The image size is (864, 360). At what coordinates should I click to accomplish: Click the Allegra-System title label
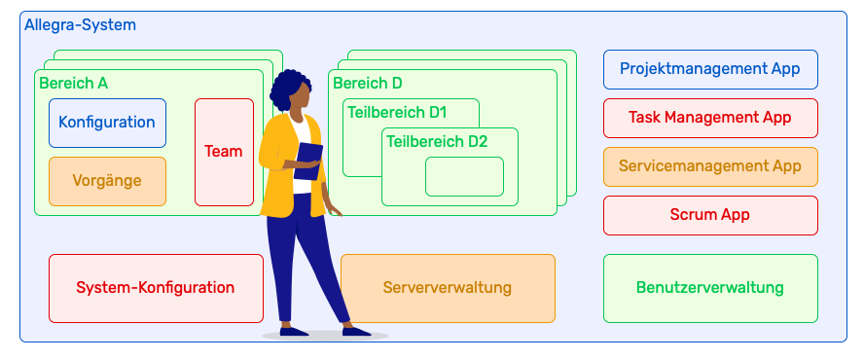(x=80, y=24)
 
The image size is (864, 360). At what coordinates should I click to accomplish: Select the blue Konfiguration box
(x=107, y=123)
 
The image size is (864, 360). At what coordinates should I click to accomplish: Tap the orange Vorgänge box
(x=107, y=181)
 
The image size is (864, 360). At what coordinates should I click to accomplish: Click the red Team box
(x=224, y=152)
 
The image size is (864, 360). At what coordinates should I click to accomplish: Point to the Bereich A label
(x=73, y=84)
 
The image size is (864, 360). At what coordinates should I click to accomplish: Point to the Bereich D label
(x=367, y=84)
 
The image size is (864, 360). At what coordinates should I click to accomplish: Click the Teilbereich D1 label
(x=397, y=112)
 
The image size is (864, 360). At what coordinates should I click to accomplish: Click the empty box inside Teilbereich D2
(x=464, y=176)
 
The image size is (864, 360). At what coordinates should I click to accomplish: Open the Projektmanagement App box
(x=710, y=69)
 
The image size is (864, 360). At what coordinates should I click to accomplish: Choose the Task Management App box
(x=710, y=118)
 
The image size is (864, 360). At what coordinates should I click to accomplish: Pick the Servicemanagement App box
(x=710, y=166)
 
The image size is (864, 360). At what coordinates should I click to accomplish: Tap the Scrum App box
(x=710, y=215)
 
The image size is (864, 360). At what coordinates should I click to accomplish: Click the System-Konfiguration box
(x=156, y=288)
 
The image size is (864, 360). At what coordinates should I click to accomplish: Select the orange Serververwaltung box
(x=448, y=288)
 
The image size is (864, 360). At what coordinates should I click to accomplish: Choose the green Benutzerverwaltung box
(x=710, y=288)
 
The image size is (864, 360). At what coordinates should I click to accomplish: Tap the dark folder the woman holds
(x=309, y=160)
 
